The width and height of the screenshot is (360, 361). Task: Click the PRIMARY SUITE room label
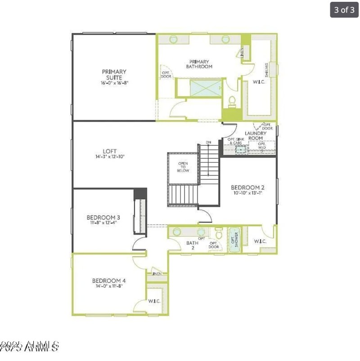pos(114,74)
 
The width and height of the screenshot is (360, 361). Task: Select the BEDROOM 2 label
pos(247,187)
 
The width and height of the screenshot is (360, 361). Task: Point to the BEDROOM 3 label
pos(101,218)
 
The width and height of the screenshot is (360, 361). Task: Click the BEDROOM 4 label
pos(108,281)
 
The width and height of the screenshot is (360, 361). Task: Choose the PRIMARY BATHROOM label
pos(199,64)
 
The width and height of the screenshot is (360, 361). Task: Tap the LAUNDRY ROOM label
pos(256,135)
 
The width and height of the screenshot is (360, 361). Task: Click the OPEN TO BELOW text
pos(183,167)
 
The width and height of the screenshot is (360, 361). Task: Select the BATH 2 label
pos(193,245)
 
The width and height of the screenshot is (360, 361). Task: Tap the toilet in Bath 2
pos(219,233)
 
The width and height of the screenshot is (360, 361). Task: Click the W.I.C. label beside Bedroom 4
pos(154,301)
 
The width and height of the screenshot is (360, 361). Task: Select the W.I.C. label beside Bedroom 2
pos(260,241)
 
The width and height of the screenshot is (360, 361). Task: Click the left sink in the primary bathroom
pos(174,40)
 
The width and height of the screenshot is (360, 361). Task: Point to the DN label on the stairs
pos(208,143)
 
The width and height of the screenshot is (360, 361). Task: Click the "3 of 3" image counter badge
pos(344,9)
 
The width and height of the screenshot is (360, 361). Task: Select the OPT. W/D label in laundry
pos(262,146)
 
